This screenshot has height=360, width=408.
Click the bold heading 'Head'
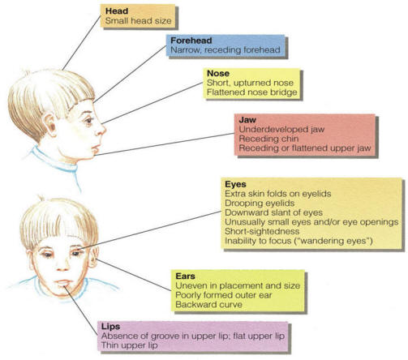pyautogui.click(x=117, y=11)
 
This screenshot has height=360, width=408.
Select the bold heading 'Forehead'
pyautogui.click(x=191, y=41)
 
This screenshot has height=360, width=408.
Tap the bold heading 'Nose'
pyautogui.click(x=218, y=73)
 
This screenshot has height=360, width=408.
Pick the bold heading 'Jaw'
pyautogui.click(x=247, y=120)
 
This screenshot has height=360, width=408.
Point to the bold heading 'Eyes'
pyautogui.click(x=235, y=184)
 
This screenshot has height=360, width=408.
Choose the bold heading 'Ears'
pyautogui.click(x=185, y=276)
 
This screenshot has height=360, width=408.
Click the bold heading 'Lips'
pyautogui.click(x=110, y=327)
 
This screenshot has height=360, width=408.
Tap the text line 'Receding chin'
pyautogui.click(x=268, y=139)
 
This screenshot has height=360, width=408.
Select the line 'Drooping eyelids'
pyautogui.click(x=260, y=204)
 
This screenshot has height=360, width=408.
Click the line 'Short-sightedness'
pyautogui.click(x=262, y=231)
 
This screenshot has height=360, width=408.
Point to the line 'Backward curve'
pyautogui.click(x=208, y=305)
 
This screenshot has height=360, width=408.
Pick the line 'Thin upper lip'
pyautogui.click(x=129, y=345)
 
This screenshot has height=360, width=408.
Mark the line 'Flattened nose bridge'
pyautogui.click(x=252, y=92)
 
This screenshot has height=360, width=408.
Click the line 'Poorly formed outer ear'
pyautogui.click(x=224, y=295)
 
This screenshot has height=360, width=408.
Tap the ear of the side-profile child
pyautogui.click(x=50, y=126)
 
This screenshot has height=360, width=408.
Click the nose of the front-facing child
pyautogui.click(x=62, y=266)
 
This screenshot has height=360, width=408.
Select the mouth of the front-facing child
pyautogui.click(x=63, y=283)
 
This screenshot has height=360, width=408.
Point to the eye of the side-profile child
pyautogui.click(x=88, y=120)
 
